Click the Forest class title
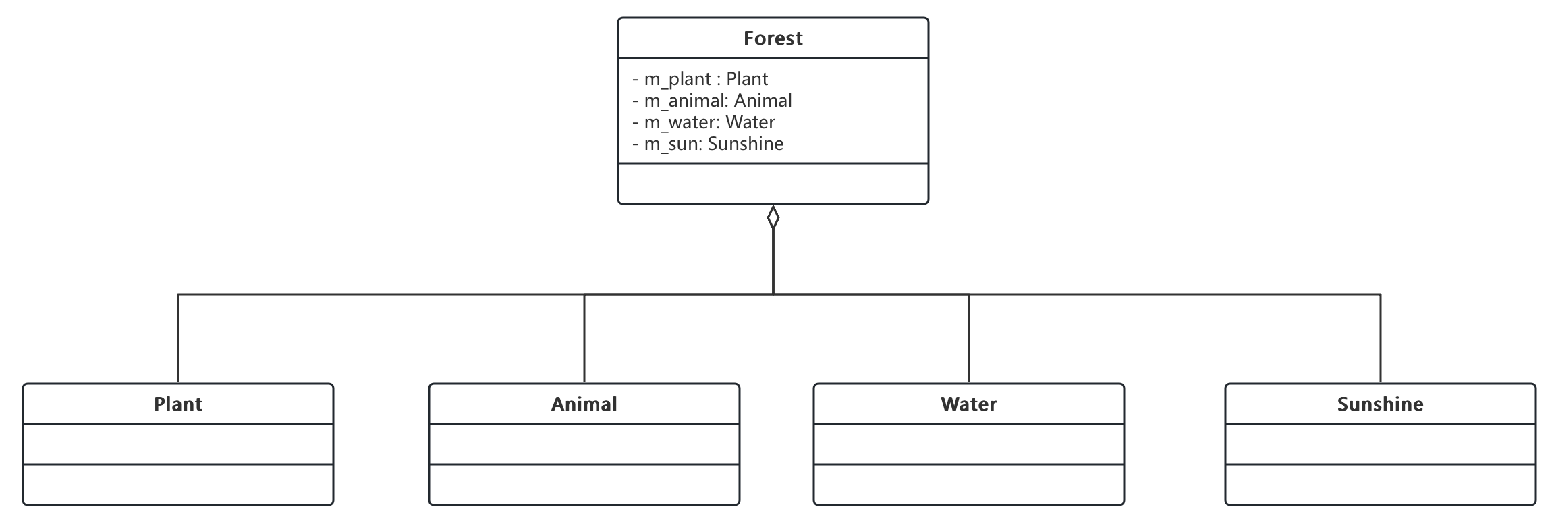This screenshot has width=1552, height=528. pyautogui.click(x=773, y=38)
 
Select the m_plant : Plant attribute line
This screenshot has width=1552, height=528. pyautogui.click(x=700, y=80)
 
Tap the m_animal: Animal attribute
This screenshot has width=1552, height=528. pyautogui.click(x=712, y=101)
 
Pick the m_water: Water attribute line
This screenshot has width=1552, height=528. pyautogui.click(x=703, y=123)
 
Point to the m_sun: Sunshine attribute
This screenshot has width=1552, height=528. pyautogui.click(x=707, y=144)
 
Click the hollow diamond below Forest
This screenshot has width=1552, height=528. pyautogui.click(x=773, y=217)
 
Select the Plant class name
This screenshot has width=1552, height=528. pyautogui.click(x=178, y=404)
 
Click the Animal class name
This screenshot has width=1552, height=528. pyautogui.click(x=584, y=404)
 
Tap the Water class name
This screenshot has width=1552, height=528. pyautogui.click(x=969, y=404)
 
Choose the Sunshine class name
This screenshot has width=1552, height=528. pyautogui.click(x=1381, y=404)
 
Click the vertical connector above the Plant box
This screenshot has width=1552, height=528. pyautogui.click(x=178, y=339)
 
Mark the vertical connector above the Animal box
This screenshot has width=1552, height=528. pyautogui.click(x=584, y=339)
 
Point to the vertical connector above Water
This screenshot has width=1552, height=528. pyautogui.click(x=969, y=339)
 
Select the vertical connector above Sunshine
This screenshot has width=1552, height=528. pyautogui.click(x=1381, y=339)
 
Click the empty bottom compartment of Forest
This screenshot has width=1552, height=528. pyautogui.click(x=773, y=184)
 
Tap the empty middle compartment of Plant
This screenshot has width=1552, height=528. pyautogui.click(x=178, y=444)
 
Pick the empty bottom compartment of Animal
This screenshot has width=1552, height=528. pyautogui.click(x=584, y=484)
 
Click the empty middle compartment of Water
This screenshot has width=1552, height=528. pyautogui.click(x=969, y=444)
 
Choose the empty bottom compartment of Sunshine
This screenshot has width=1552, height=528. pyautogui.click(x=1381, y=484)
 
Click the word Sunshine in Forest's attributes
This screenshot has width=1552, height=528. pyautogui.click(x=746, y=144)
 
